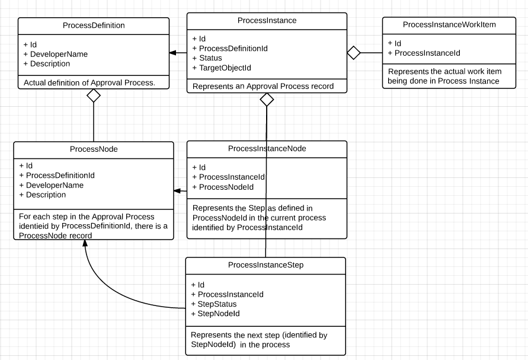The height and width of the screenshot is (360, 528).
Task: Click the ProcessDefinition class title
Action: click(94, 26)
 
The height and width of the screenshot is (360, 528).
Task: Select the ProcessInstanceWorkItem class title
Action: click(449, 24)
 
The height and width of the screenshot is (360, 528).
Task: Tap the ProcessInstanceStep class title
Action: click(265, 265)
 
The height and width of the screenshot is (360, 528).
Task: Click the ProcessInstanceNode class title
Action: click(267, 148)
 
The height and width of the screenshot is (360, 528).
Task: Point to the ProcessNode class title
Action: click(94, 149)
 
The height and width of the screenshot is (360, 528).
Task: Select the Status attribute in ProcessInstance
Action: click(210, 58)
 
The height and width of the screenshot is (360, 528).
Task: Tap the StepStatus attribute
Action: click(217, 304)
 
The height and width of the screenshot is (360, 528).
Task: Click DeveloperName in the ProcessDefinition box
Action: click(59, 54)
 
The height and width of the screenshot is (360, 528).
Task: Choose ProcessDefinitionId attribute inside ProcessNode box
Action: click(60, 176)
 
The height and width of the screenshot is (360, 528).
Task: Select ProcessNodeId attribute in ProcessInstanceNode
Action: click(226, 187)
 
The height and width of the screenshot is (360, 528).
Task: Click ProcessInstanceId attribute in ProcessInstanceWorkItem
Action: click(428, 53)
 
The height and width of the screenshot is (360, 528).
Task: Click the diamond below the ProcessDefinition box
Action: click(94, 95)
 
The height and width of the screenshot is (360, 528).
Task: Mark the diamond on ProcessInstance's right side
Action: click(354, 53)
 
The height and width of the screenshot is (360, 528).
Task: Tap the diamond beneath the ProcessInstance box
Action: click(267, 100)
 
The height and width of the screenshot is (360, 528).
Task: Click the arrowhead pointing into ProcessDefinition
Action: click(173, 53)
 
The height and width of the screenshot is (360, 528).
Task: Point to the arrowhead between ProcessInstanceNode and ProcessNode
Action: click(177, 190)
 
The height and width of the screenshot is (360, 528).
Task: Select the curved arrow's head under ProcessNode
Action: click(85, 245)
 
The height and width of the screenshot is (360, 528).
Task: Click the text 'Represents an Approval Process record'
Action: click(263, 86)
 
